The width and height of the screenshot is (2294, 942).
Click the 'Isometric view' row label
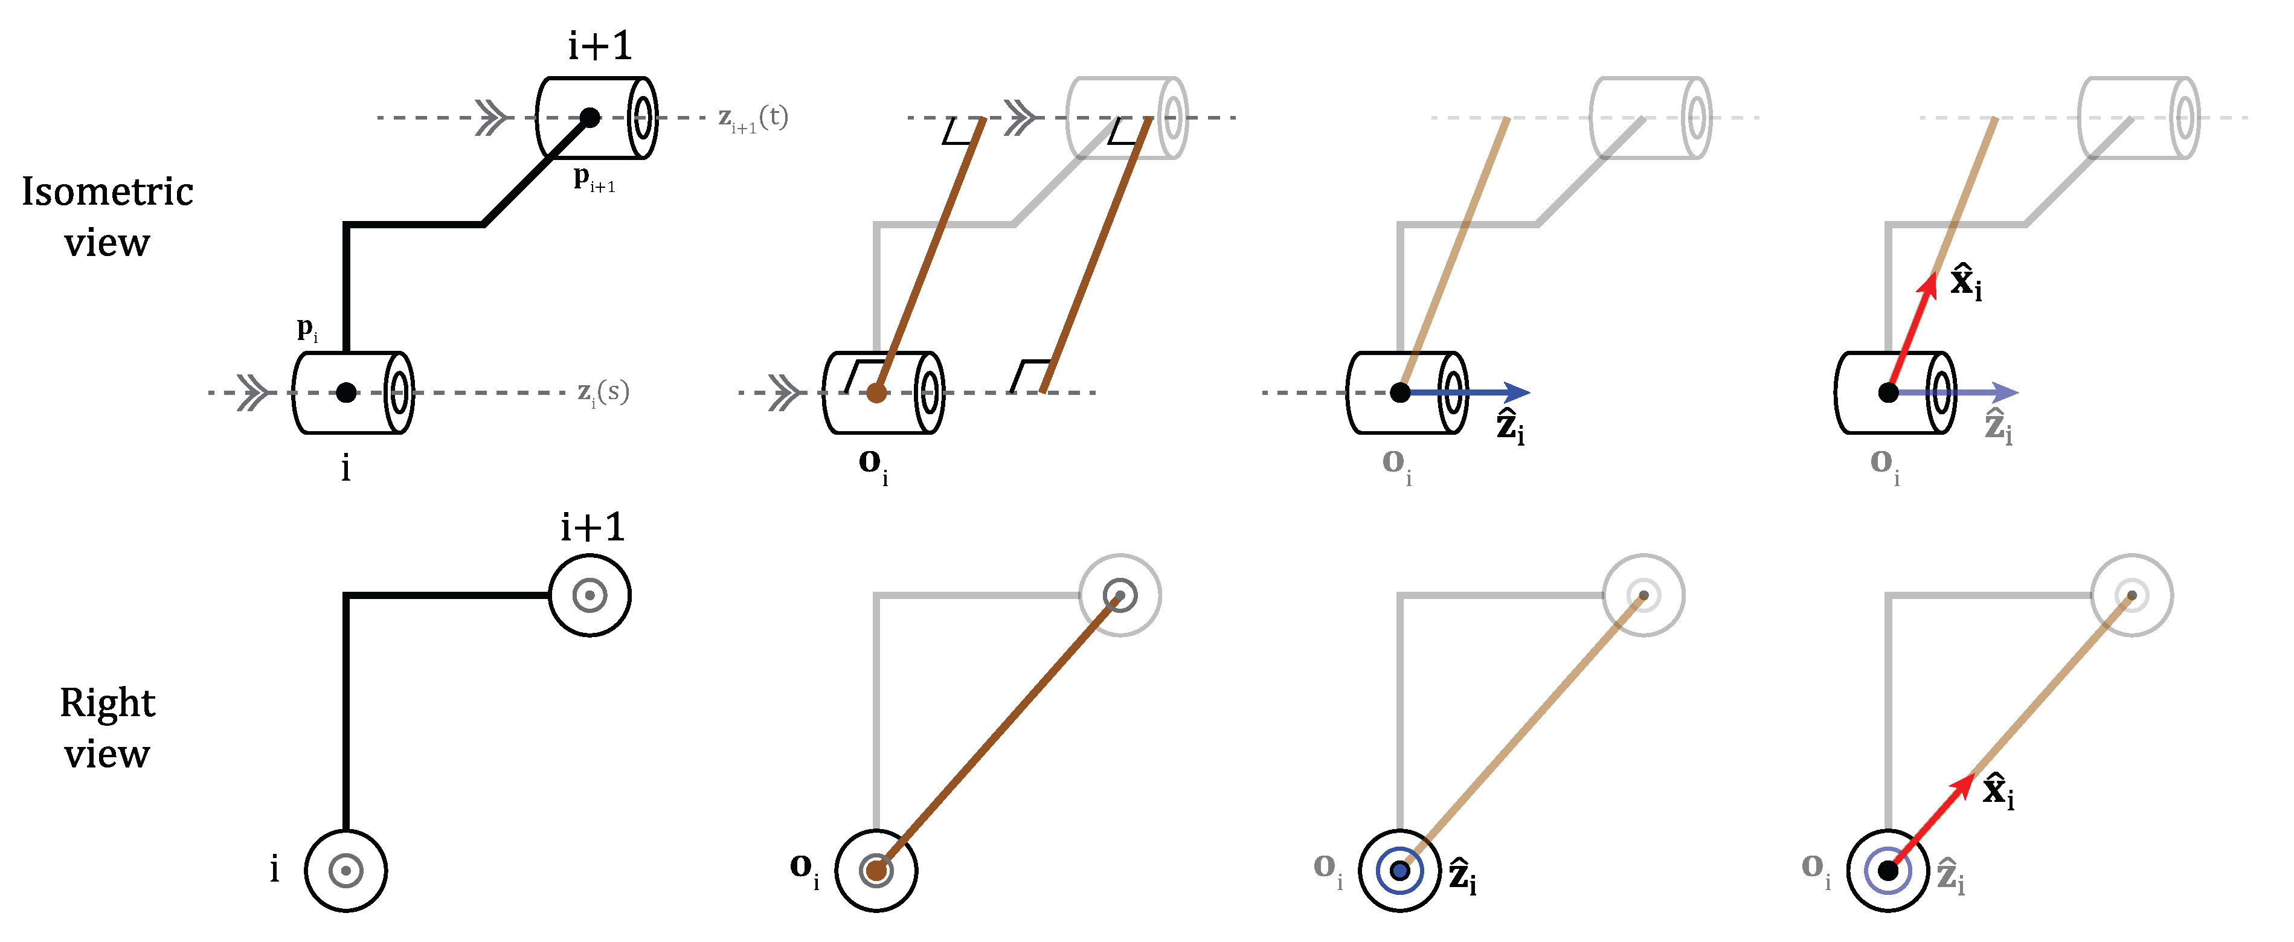pos(107,216)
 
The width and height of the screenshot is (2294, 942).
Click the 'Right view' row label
pos(107,728)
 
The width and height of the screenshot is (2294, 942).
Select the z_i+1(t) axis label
pos(753,118)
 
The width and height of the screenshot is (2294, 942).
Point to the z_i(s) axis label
pos(603,392)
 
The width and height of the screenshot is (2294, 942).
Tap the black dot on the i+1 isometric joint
pos(590,117)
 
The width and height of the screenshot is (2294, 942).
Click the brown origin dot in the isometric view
pos(876,392)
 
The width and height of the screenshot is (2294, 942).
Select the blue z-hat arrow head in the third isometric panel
pos(1517,392)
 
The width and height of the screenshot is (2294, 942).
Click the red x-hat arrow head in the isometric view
pos(1929,285)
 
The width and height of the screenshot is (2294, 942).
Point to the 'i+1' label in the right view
pos(592,527)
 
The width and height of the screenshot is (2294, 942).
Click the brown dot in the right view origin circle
pos(876,871)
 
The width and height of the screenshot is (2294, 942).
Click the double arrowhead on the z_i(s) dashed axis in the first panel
pos(254,392)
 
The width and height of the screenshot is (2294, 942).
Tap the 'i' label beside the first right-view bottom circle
pos(274,868)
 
